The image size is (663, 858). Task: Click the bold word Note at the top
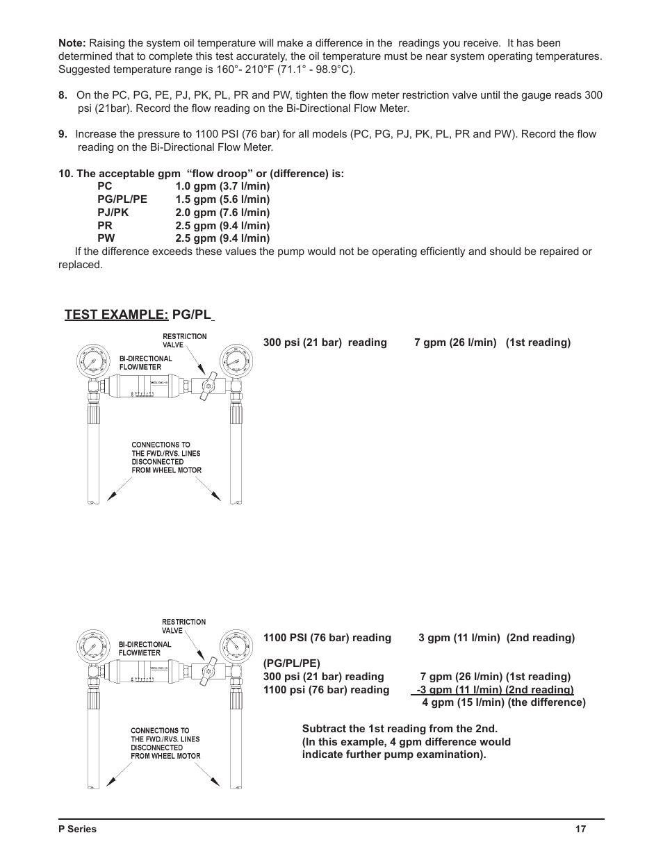(x=72, y=43)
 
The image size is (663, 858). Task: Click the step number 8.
(x=63, y=95)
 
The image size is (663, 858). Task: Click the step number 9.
(x=63, y=134)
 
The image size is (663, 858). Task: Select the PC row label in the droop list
(x=104, y=186)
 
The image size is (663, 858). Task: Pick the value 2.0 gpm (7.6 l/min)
(x=222, y=213)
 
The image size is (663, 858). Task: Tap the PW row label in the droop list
(x=106, y=238)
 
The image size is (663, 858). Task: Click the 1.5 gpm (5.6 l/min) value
(x=222, y=199)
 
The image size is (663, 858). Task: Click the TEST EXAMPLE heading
(x=116, y=315)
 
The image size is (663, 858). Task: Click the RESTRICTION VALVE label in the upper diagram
(x=184, y=340)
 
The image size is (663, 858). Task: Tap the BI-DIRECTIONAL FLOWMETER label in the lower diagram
(x=145, y=649)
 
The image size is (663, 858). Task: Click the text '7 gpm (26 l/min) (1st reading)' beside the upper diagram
(x=492, y=343)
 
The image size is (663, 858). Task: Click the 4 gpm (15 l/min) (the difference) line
(x=503, y=702)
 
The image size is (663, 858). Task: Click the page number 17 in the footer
(x=580, y=830)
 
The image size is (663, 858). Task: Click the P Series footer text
(x=77, y=830)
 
